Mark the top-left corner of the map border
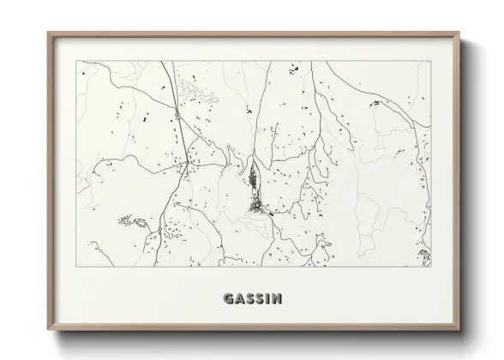tap(79, 61)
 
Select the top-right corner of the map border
tap(429, 61)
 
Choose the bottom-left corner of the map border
tap(79, 267)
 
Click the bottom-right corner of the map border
tap(429, 267)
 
